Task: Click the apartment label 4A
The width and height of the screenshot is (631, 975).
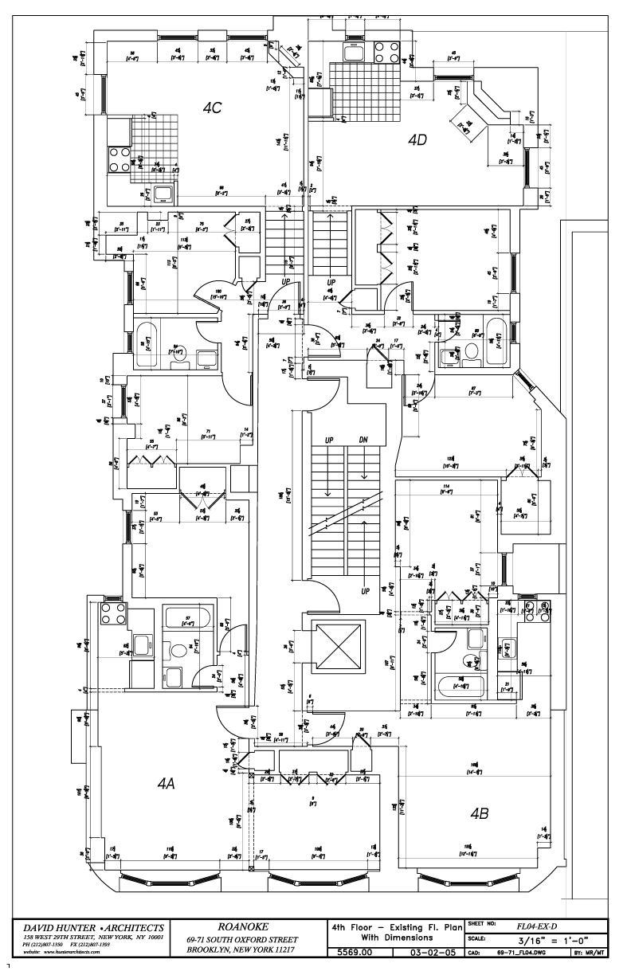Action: (x=166, y=784)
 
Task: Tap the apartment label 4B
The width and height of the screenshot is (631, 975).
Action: (x=480, y=814)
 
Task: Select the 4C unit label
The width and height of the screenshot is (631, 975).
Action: (x=210, y=108)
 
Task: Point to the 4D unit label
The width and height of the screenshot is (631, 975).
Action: (x=417, y=139)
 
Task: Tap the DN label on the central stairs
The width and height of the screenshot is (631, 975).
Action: (x=363, y=441)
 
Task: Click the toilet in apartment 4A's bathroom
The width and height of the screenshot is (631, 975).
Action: (x=178, y=651)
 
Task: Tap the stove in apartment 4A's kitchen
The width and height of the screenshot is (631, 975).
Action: (x=109, y=614)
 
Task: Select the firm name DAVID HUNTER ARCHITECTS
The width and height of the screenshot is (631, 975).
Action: (x=93, y=927)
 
